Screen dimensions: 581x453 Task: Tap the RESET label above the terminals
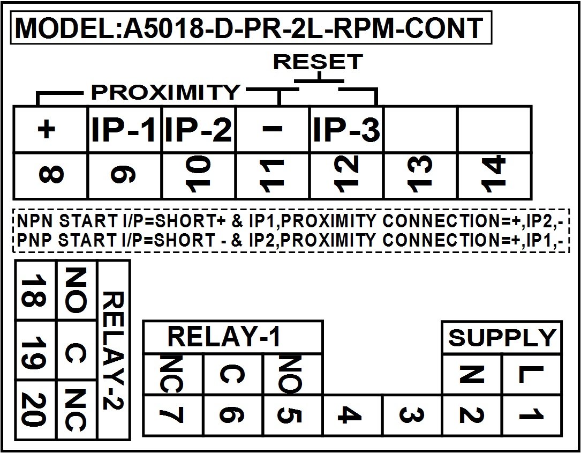point(318,62)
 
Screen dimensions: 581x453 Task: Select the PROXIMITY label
point(165,92)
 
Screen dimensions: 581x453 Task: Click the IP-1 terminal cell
point(124,130)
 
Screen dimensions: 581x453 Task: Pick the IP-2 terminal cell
point(199,130)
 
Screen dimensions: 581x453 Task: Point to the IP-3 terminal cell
point(347,130)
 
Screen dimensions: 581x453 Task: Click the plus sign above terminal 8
point(46,130)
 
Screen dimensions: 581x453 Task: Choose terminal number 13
point(420,175)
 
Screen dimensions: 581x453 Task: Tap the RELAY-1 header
point(224,337)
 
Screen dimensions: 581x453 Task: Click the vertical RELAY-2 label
point(112,350)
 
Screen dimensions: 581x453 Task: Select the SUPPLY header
point(502,338)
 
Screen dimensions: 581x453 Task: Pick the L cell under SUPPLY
point(532,374)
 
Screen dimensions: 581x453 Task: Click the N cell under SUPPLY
point(472,374)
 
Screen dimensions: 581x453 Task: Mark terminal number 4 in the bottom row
point(350,415)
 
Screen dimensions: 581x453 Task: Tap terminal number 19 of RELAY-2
point(34,350)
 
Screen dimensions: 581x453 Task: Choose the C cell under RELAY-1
point(233,375)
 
